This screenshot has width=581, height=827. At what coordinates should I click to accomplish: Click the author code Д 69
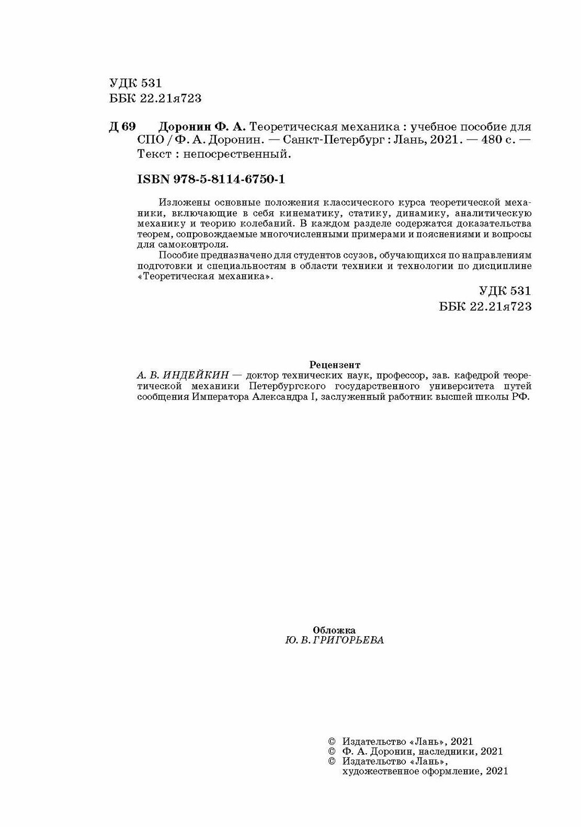122,127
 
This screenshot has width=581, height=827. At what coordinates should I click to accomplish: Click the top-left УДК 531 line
135,84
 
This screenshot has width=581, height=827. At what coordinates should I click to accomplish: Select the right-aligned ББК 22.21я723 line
486,306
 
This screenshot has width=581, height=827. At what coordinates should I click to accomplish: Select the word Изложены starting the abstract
181,202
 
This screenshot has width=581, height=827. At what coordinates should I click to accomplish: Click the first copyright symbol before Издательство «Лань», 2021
331,741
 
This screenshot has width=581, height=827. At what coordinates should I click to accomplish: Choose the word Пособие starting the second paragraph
176,256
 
